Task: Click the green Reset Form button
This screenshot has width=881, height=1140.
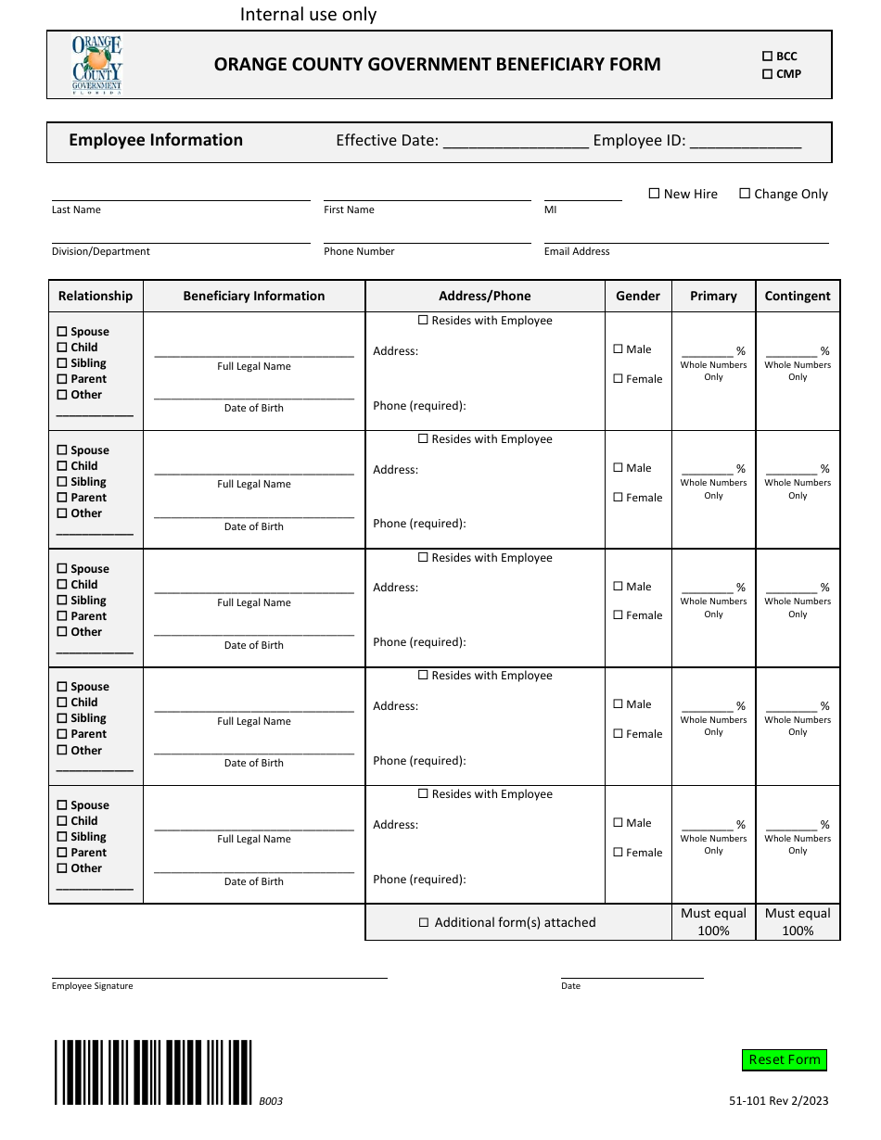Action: point(784,1059)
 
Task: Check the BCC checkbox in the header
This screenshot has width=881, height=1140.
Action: point(767,57)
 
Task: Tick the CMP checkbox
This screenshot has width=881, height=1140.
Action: point(767,74)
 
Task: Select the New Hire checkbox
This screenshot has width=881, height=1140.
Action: point(654,194)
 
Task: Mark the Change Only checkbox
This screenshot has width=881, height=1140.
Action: point(745,194)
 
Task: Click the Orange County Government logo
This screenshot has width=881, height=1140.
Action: point(97,65)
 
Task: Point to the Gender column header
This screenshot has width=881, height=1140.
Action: point(638,296)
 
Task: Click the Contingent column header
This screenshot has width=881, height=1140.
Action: point(798,296)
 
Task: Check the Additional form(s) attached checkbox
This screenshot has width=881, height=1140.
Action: point(424,922)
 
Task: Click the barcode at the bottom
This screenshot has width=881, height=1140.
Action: point(153,1071)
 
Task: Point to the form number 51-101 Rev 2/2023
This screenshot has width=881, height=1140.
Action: point(778,1101)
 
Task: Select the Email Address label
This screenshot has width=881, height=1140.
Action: point(577,251)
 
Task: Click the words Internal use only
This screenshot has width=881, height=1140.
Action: point(308,14)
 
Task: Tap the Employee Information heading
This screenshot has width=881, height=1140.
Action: point(156,140)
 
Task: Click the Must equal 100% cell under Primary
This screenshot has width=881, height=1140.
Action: point(713,921)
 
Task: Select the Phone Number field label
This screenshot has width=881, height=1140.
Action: point(359,251)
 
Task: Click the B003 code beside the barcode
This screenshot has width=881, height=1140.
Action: point(271,1101)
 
